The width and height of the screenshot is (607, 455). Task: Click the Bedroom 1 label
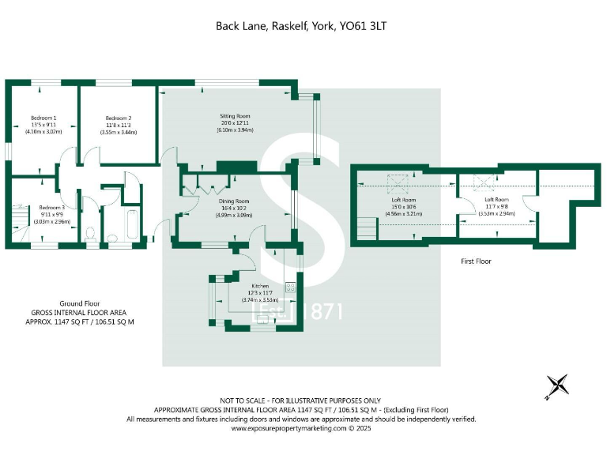pyautogui.click(x=43, y=118)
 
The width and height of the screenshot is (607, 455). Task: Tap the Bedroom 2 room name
pyautogui.click(x=118, y=118)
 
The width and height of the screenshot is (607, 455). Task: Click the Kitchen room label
pyautogui.click(x=261, y=285)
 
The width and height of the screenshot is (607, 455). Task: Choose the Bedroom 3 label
pyautogui.click(x=51, y=207)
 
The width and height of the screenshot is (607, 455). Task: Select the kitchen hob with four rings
pyautogui.click(x=291, y=288)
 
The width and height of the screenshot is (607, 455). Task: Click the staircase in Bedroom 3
pyautogui.click(x=19, y=220)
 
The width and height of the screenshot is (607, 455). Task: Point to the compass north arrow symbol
pyautogui.click(x=559, y=385)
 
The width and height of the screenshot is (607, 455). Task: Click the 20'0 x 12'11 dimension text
pyautogui.click(x=234, y=123)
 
